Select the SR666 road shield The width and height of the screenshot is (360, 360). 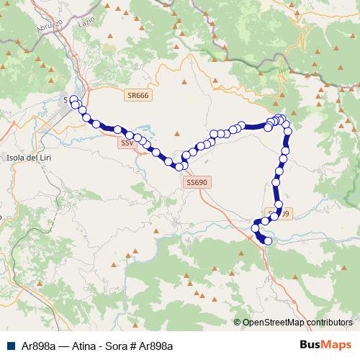pyautogui.click(x=138, y=96)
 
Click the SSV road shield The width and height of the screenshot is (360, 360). pyautogui.click(x=127, y=143)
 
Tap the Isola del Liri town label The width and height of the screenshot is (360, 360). pyautogui.click(x=27, y=157)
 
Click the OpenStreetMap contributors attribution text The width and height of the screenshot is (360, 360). pyautogui.click(x=297, y=322)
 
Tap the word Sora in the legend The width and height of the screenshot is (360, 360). pyautogui.click(x=114, y=346)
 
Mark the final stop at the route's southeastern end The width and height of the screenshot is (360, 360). pyautogui.click(x=269, y=241)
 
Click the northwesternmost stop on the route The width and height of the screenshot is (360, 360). pyautogui.click(x=73, y=99)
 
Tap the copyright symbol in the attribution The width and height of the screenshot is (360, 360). pyautogui.click(x=238, y=322)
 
